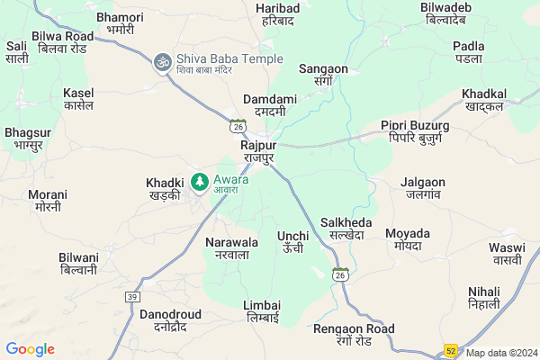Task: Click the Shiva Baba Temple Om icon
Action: coord(163,63)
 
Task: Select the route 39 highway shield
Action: coord(133,297)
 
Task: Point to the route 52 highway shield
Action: coord(450,349)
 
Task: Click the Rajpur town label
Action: coord(258,150)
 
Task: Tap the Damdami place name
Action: coord(265,106)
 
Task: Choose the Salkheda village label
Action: coord(346,228)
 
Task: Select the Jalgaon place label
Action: coord(423,187)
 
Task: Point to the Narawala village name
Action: coord(232,248)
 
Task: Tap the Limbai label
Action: coord(262,311)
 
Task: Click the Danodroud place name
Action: coord(170,319)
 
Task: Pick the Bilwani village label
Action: coord(79,263)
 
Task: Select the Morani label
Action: coord(48,200)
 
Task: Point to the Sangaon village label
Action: coord(322,73)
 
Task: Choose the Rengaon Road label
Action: coord(354,334)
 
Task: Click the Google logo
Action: coord(30,349)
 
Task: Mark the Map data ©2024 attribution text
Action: coord(500,353)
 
